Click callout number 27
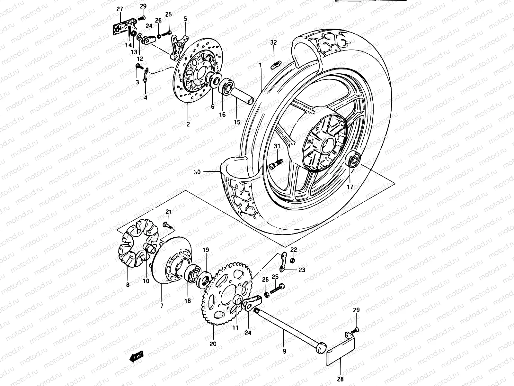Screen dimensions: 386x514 pyautogui.click(x=120, y=9)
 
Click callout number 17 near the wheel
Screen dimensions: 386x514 pyautogui.click(x=350, y=187)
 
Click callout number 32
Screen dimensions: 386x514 pyautogui.click(x=273, y=42)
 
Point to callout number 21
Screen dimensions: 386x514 pyautogui.click(x=169, y=212)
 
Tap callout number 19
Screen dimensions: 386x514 pyautogui.click(x=206, y=250)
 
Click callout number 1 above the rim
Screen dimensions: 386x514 pyautogui.click(x=261, y=65)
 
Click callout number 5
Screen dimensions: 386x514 pyautogui.click(x=185, y=19)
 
